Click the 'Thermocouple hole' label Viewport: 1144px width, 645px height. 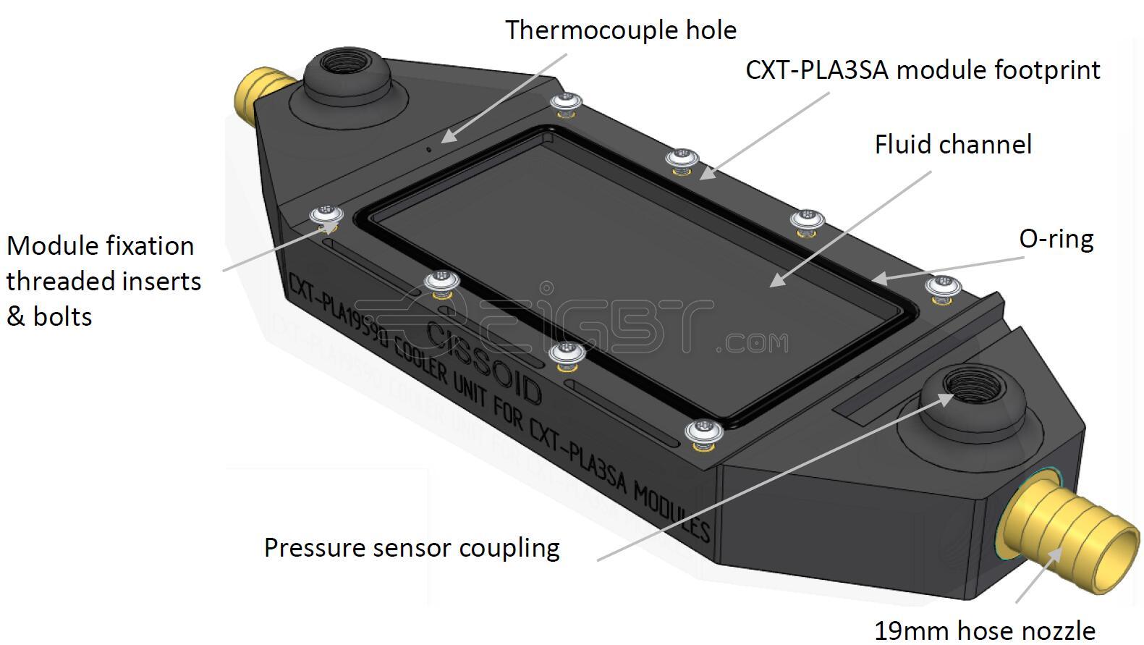(x=620, y=30)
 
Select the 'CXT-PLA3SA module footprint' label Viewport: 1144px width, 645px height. (x=923, y=70)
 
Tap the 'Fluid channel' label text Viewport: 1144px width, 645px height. (x=953, y=145)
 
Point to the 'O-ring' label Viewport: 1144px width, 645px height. (x=1056, y=239)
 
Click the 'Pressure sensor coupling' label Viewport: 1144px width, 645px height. (x=412, y=547)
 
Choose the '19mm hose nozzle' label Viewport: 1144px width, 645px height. (x=984, y=630)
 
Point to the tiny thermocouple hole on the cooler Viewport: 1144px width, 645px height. (x=428, y=149)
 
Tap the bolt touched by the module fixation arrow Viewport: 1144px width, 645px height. (x=326, y=216)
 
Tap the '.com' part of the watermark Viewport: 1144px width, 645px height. (x=753, y=342)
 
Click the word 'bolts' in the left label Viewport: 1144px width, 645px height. (x=62, y=317)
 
